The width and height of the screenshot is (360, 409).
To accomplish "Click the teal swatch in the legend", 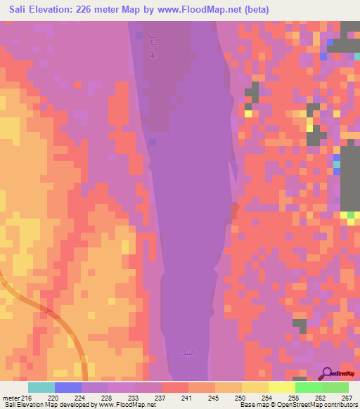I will pyautogui.click(x=41, y=387).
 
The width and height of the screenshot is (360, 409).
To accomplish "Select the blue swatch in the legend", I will pyautogui.click(x=68, y=387).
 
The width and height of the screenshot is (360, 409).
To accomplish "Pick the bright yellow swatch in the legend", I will pyautogui.click(x=282, y=387).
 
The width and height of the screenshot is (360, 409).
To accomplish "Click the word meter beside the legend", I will pyautogui.click(x=10, y=398).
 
